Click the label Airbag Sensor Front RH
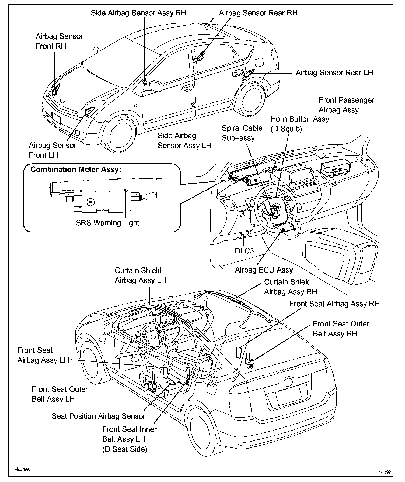[59, 41]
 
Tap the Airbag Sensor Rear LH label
[334, 73]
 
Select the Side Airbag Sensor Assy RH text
[138, 13]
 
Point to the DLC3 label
[244, 251]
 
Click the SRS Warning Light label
[107, 223]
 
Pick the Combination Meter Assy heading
[76, 170]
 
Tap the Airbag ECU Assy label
[264, 270]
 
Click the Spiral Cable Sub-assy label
[242, 133]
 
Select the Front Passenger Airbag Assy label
[346, 105]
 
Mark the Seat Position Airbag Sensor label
[98, 416]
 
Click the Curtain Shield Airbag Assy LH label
[141, 275]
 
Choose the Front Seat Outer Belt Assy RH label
[341, 329]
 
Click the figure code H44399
[383, 472]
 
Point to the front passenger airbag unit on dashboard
[335, 168]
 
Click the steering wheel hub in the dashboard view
[275, 211]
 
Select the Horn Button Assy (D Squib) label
[300, 124]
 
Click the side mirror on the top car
[155, 86]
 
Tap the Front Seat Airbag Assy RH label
[334, 304]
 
